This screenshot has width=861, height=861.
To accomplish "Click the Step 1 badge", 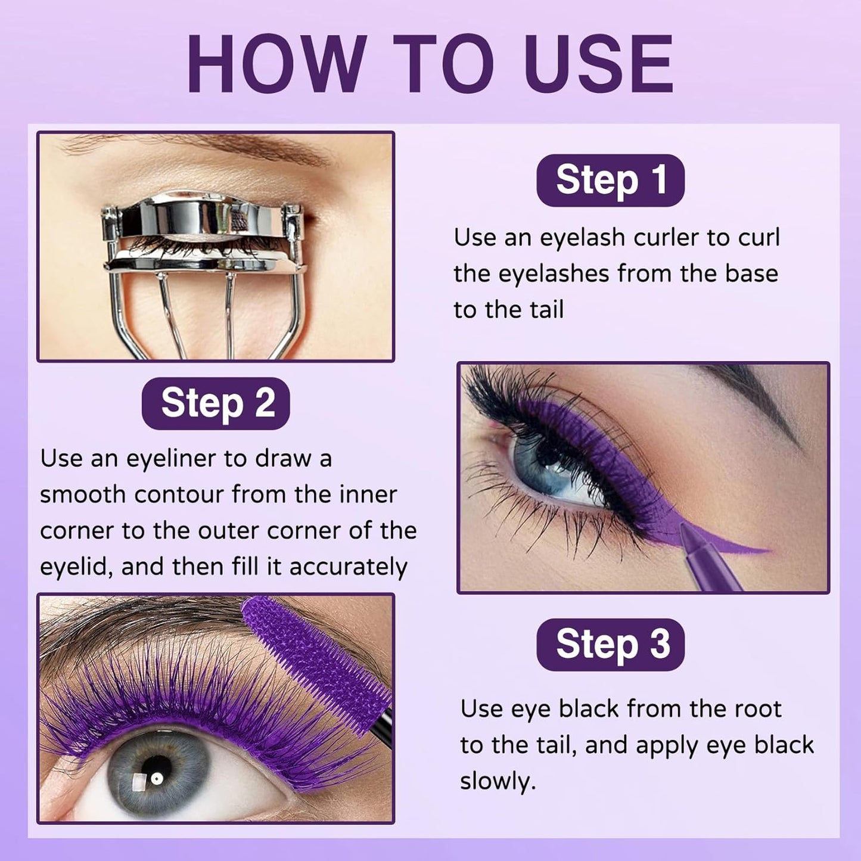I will pyautogui.click(x=610, y=180).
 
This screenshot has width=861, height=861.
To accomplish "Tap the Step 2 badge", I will pyautogui.click(x=216, y=403).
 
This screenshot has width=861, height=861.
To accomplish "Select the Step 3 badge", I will pyautogui.click(x=610, y=645).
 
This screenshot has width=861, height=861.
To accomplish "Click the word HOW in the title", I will pyautogui.click(x=276, y=64).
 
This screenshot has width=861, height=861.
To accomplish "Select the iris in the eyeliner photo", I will pyautogui.click(x=551, y=471).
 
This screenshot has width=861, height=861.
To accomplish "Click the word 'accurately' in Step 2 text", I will pyautogui.click(x=348, y=567).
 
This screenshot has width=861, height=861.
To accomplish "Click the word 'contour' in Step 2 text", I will pyautogui.click(x=179, y=495).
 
